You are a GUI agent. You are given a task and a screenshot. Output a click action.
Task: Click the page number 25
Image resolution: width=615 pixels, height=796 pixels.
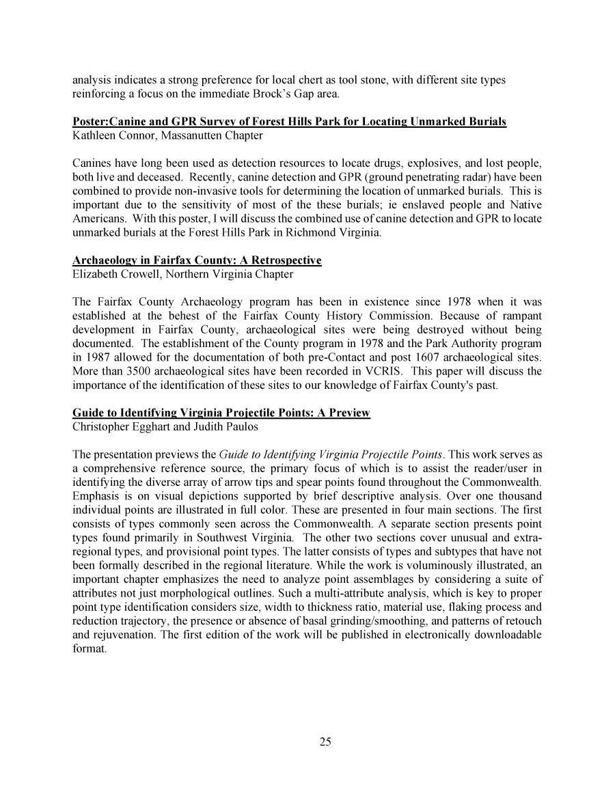pyautogui.click(x=325, y=743)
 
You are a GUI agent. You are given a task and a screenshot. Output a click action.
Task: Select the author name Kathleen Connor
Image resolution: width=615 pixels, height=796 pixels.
pyautogui.click(x=110, y=135)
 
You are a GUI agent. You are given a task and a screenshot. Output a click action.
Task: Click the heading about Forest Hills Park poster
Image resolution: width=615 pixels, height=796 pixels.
pyautogui.click(x=289, y=122)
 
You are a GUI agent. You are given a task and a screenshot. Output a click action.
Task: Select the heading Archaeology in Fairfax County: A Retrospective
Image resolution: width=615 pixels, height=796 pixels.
pyautogui.click(x=197, y=261)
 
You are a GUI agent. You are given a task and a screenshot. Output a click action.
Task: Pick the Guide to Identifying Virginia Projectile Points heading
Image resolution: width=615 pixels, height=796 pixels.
pyautogui.click(x=221, y=413)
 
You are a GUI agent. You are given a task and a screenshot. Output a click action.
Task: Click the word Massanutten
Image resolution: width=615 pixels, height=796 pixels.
pyautogui.click(x=187, y=135)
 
